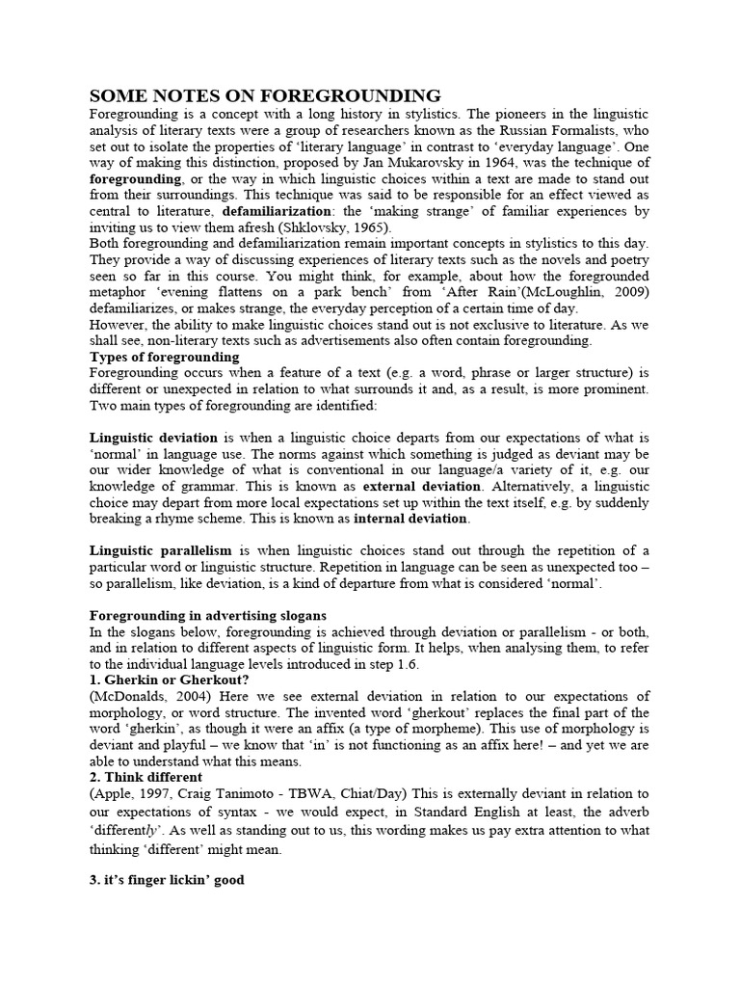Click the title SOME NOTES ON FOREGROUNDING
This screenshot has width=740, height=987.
[265, 95]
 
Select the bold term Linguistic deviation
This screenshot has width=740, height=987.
[153, 438]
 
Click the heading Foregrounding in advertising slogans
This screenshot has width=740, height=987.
[207, 615]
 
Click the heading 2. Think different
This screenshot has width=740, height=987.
[146, 778]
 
